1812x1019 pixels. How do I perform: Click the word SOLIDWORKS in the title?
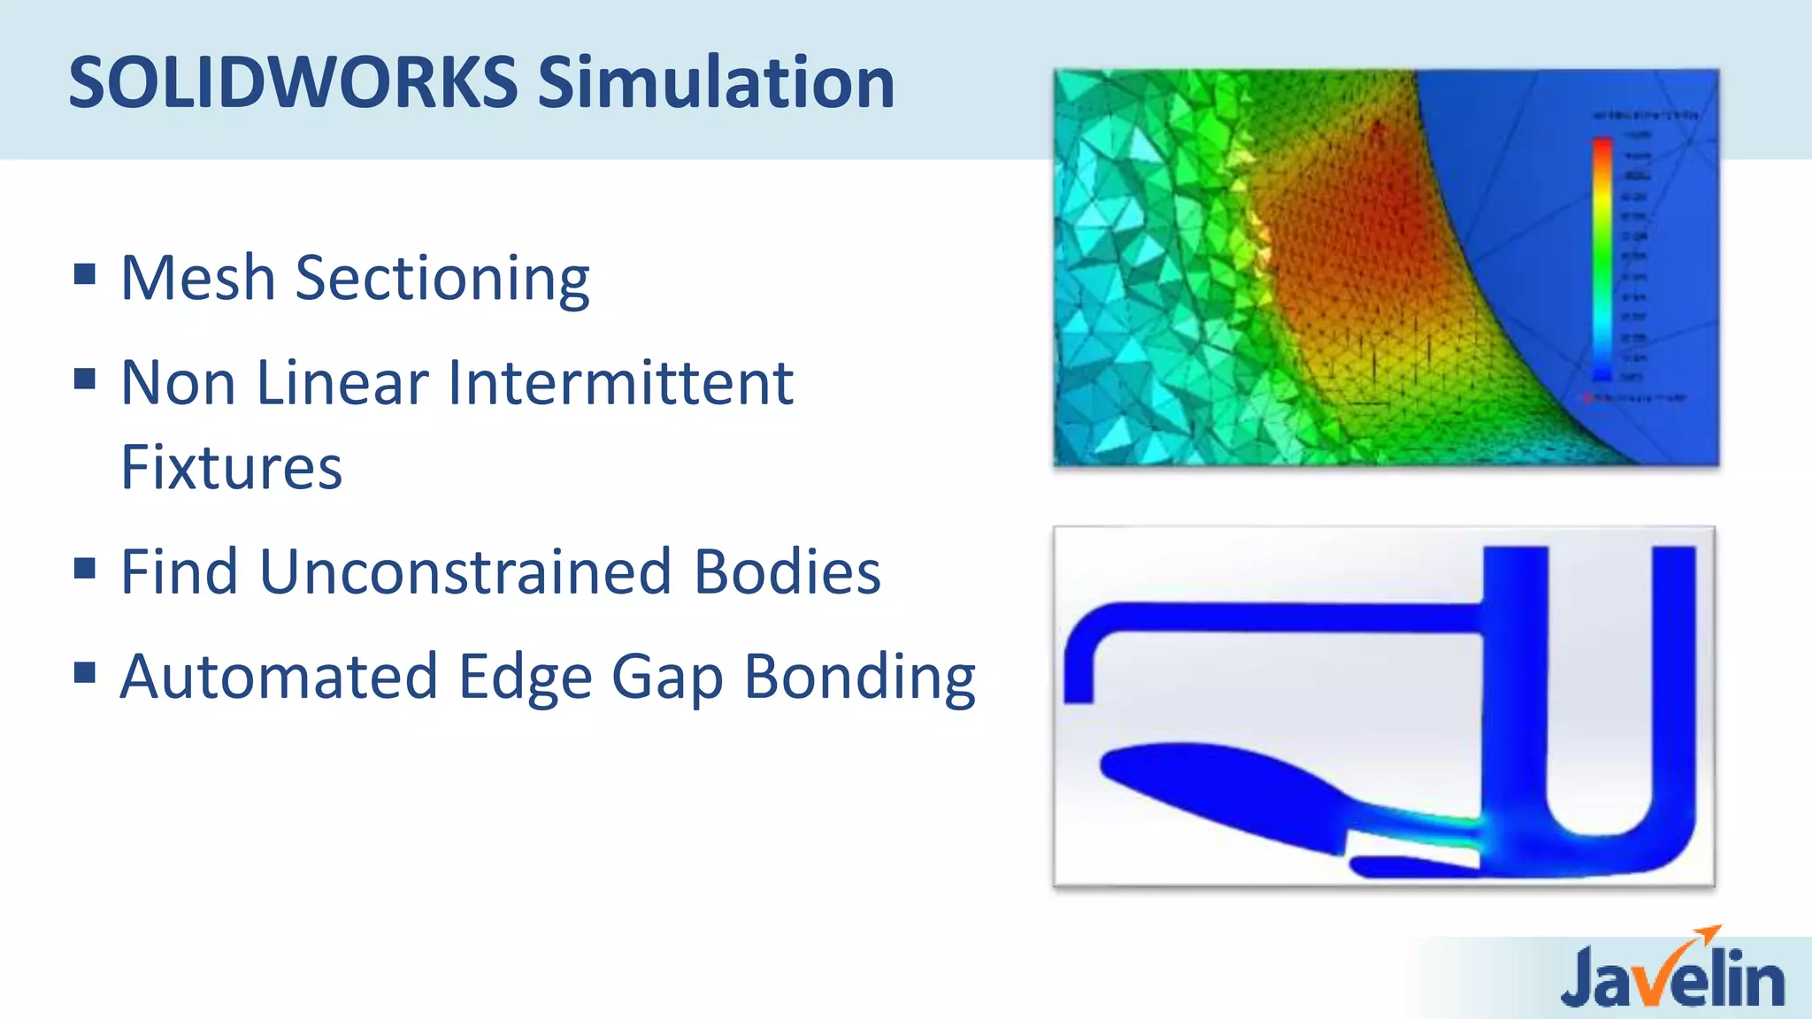(293, 82)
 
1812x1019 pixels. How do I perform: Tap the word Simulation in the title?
(716, 82)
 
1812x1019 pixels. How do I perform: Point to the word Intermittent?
(620, 383)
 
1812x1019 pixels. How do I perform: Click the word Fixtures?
(231, 467)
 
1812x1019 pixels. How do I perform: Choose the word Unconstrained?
(465, 571)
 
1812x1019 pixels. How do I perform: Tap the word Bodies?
(787, 571)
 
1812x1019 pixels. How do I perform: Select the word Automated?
(279, 677)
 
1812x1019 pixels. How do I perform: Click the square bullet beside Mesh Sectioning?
(85, 274)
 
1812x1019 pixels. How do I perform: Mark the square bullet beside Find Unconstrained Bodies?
(85, 568)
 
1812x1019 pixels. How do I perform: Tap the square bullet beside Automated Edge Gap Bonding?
(85, 673)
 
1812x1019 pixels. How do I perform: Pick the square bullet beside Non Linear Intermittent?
(85, 379)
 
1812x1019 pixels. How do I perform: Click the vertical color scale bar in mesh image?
(1602, 257)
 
